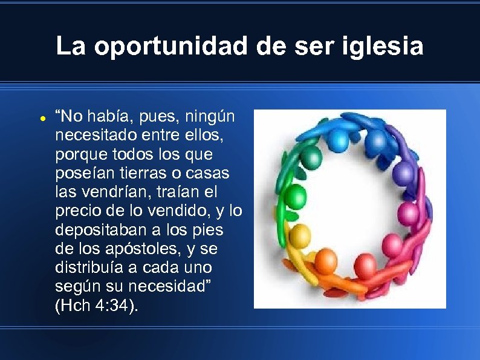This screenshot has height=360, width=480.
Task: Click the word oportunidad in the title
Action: [170, 47]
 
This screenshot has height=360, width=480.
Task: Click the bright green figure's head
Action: [296, 196]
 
